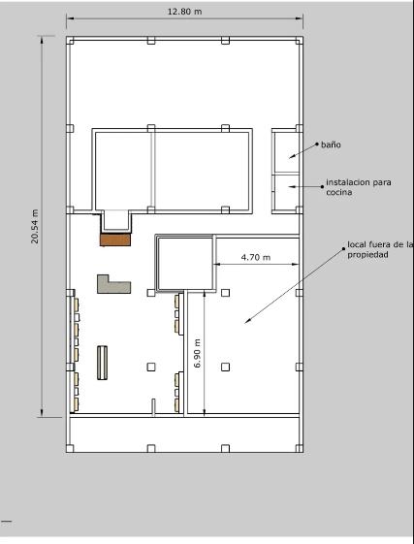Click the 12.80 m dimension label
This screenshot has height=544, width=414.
(184, 12)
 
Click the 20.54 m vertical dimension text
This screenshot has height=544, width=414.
(35, 226)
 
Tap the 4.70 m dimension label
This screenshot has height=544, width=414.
(256, 257)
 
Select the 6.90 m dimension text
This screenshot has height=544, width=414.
(197, 353)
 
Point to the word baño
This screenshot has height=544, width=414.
(331, 144)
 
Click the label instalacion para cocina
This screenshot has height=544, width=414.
(359, 187)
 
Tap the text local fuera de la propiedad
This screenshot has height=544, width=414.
(380, 249)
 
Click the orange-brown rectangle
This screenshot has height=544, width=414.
(115, 240)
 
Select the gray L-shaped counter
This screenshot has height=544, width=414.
(113, 285)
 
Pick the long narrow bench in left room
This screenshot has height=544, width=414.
(102, 363)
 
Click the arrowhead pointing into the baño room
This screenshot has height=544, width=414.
(292, 157)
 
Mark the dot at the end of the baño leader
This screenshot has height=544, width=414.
(316, 144)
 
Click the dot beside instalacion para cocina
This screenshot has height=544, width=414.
(322, 186)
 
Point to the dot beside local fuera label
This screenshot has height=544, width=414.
(344, 249)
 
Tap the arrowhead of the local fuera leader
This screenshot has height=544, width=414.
(247, 321)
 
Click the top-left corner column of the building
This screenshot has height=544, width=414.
(70, 41)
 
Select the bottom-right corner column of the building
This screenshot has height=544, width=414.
(300, 448)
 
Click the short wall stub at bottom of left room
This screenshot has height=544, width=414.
(153, 407)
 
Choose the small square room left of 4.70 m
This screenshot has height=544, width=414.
(185, 264)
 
